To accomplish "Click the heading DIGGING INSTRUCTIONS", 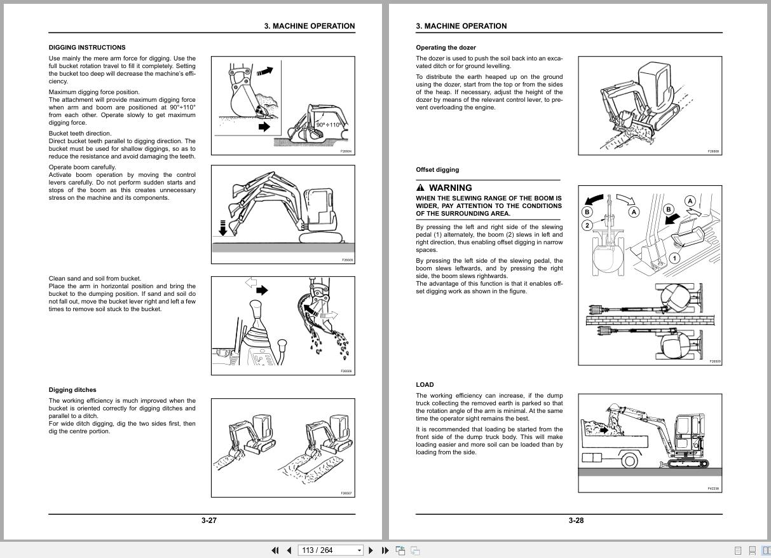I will (87, 47).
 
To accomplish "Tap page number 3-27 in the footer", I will (209, 520).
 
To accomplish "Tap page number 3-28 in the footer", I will (576, 520).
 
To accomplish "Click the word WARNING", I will (450, 188).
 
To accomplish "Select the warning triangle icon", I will (420, 188).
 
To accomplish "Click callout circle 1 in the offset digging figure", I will (674, 258).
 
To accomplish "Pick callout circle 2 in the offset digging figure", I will (587, 225).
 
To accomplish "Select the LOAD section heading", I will (425, 384).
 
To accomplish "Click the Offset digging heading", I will (437, 170).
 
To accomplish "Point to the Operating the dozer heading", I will (446, 47).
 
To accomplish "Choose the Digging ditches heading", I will (72, 390).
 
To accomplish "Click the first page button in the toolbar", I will (275, 550).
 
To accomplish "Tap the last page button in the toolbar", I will (385, 550).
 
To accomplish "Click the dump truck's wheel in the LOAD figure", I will (629, 459).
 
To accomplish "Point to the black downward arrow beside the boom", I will (222, 228).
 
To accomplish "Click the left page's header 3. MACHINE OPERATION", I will (310, 26).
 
